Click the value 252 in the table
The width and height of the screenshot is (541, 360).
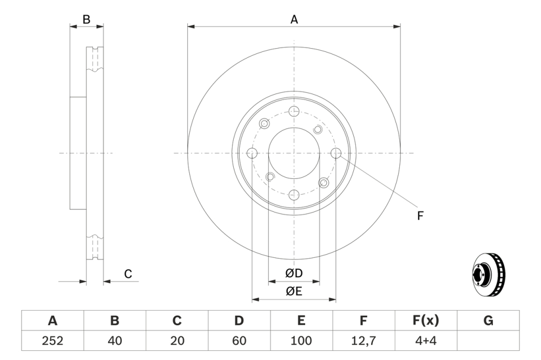pyautogui.click(x=52, y=341)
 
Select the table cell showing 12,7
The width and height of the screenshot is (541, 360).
pyautogui.click(x=364, y=341)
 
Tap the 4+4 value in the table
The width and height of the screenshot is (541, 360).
pyautogui.click(x=426, y=341)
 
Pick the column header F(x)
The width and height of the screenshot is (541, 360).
pyautogui.click(x=426, y=321)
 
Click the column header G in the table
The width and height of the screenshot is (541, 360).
pyautogui.click(x=488, y=321)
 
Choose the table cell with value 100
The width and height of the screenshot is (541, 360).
pyautogui.click(x=301, y=341)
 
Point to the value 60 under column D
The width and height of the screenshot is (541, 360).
pyautogui.click(x=239, y=341)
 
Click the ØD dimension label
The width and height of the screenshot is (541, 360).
pyautogui.click(x=294, y=274)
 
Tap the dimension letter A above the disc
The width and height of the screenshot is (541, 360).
pyautogui.click(x=294, y=19)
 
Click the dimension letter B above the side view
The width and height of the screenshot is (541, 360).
pyautogui.click(x=87, y=19)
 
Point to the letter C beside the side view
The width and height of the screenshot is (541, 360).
pyautogui.click(x=128, y=274)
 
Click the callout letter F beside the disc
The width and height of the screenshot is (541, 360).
pyautogui.click(x=420, y=216)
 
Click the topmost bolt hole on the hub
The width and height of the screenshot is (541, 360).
pyautogui.click(x=294, y=111)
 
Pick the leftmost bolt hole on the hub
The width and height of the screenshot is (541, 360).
pyautogui.click(x=252, y=154)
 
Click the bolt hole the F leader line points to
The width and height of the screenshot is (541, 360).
pyautogui.click(x=336, y=154)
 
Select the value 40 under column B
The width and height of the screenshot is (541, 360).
pyautogui.click(x=115, y=341)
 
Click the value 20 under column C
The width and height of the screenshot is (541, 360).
pyautogui.click(x=177, y=341)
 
